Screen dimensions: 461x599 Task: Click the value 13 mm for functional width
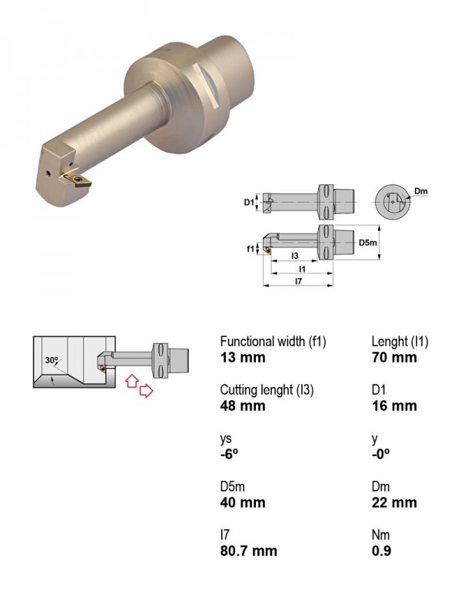tap(243, 358)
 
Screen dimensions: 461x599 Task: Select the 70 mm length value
tap(394, 358)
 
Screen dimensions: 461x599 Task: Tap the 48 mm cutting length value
tap(243, 405)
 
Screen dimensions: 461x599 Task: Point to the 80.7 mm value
tap(248, 551)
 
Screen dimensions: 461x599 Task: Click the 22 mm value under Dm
tap(394, 502)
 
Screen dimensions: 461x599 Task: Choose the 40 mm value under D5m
tap(243, 502)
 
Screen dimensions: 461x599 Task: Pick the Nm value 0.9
tap(381, 551)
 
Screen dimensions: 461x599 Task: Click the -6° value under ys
tap(229, 454)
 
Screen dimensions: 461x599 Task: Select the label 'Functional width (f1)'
tap(273, 342)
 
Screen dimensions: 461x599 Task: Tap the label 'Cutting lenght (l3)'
tap(267, 390)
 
